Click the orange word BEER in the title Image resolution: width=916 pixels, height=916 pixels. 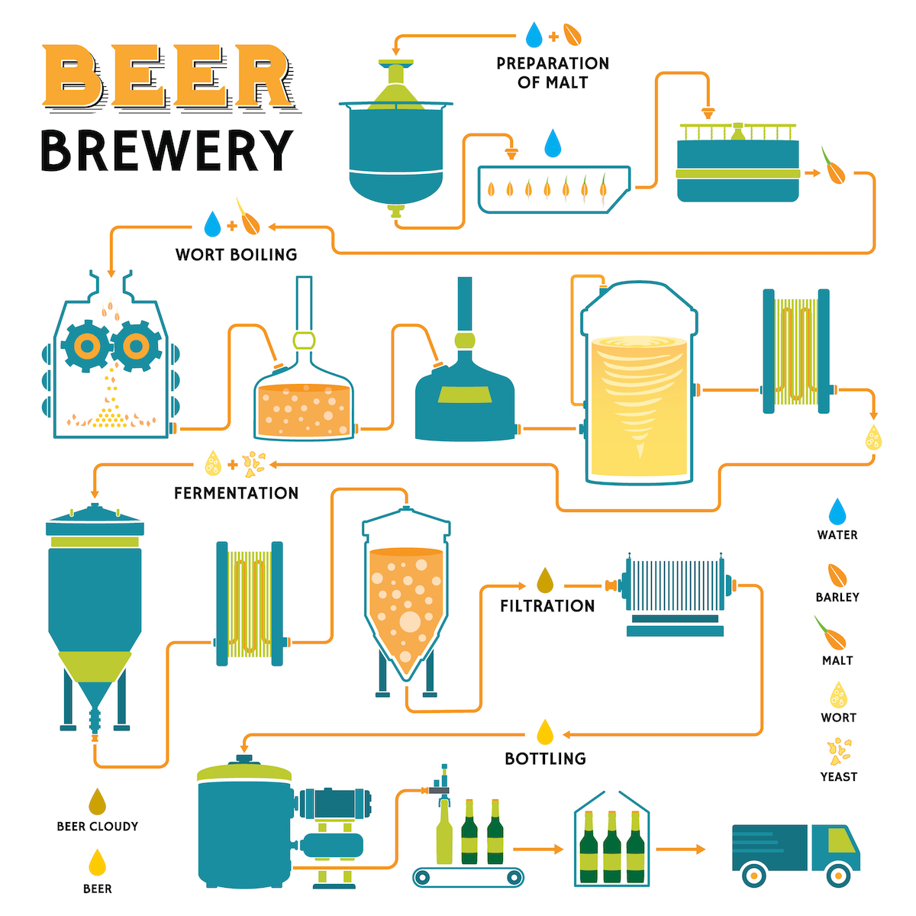click(166, 76)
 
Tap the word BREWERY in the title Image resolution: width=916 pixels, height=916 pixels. click(166, 150)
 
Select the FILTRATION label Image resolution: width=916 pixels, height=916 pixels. click(547, 606)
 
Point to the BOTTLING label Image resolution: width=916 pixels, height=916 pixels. click(545, 759)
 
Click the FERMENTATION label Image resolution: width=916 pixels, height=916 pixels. click(236, 493)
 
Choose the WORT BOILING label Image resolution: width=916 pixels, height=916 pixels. click(236, 254)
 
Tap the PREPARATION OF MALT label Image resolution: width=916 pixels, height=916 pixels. click(553, 73)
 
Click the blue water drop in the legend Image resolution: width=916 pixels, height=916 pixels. click(837, 511)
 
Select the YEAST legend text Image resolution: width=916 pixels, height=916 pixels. click(838, 777)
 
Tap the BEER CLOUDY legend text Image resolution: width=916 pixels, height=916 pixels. click(98, 826)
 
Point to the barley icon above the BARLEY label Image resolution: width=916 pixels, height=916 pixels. click(837, 575)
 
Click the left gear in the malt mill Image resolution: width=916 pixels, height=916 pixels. click(87, 347)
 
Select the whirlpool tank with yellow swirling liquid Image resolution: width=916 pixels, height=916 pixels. click(639, 385)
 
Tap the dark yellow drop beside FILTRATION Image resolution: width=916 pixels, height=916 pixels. click(545, 581)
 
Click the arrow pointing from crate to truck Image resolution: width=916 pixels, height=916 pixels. click(680, 849)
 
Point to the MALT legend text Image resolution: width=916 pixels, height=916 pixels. click(837, 660)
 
